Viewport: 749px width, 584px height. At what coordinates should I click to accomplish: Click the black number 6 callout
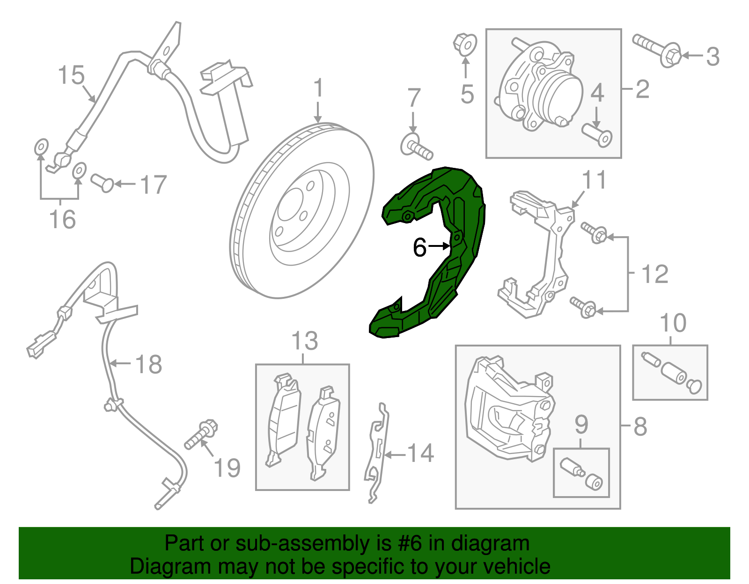[x=419, y=247]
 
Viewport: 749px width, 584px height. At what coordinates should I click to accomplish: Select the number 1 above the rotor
[x=318, y=88]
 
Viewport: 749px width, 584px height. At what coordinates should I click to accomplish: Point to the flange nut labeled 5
[x=465, y=44]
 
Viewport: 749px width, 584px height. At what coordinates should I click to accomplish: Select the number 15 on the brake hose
[x=71, y=76]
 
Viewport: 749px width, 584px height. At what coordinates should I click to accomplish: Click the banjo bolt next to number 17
[x=102, y=182]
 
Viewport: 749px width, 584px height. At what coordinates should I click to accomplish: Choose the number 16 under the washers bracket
[x=63, y=219]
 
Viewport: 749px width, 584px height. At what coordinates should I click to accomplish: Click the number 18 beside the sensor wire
[x=148, y=364]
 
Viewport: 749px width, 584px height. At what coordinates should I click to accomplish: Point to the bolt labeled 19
[x=201, y=434]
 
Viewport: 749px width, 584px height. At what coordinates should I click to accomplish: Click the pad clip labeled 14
[x=377, y=454]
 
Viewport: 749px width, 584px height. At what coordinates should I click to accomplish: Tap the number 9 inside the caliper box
[x=581, y=425]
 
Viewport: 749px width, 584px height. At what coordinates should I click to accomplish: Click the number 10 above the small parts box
[x=673, y=323]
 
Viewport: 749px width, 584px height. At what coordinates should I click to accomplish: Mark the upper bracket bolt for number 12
[x=594, y=232]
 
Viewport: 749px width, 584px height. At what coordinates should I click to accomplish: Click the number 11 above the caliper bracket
[x=594, y=180]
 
